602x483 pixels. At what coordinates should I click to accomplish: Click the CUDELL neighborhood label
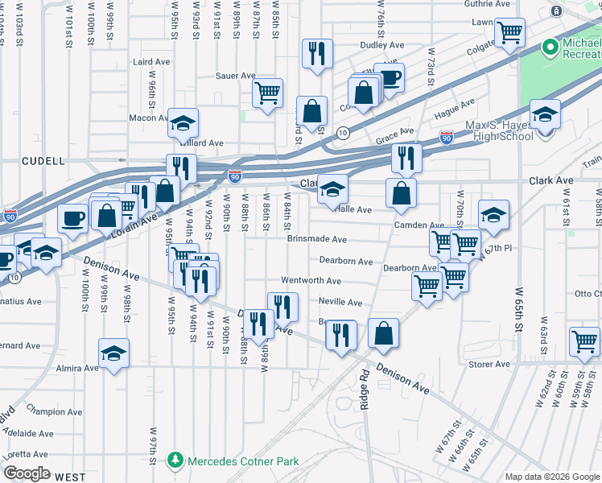tap(43, 161)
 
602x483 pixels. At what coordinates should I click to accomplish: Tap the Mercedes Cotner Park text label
tap(242, 461)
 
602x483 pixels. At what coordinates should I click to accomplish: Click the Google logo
tap(27, 473)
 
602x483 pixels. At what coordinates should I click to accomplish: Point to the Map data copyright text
tap(552, 477)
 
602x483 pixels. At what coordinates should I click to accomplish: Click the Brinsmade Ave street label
tap(317, 239)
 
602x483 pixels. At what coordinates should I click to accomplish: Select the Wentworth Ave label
tap(311, 281)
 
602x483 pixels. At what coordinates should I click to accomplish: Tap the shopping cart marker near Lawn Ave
tap(509, 33)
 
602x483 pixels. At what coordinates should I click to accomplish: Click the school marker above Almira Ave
tap(114, 353)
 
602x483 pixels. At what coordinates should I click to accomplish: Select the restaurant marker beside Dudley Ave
tap(315, 54)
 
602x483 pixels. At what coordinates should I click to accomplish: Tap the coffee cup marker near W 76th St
tap(390, 78)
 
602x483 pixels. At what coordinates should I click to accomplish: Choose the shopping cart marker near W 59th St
tap(584, 341)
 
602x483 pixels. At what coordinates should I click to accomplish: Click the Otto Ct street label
tap(583, 293)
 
